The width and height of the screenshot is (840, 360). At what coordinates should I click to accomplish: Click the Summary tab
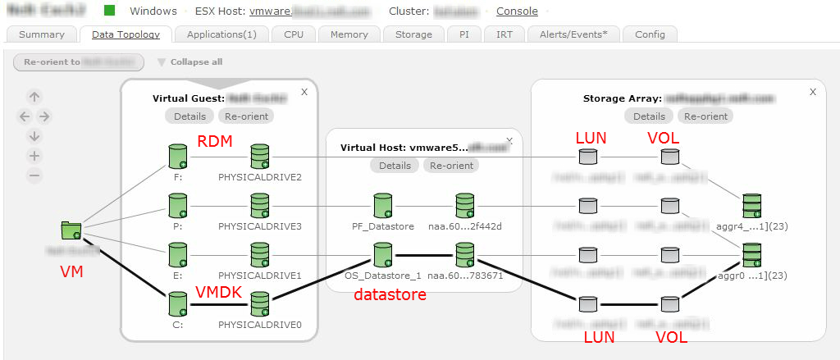[x=42, y=34]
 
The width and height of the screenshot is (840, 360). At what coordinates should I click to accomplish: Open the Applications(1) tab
[x=221, y=34]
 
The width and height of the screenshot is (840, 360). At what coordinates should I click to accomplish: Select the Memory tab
[x=349, y=34]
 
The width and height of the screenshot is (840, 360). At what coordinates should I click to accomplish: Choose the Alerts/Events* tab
[x=573, y=34]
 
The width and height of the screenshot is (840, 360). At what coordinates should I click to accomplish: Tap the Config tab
[x=650, y=34]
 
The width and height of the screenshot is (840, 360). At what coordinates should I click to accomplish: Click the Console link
[x=517, y=11]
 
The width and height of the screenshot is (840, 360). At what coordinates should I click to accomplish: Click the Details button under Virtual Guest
[x=189, y=116]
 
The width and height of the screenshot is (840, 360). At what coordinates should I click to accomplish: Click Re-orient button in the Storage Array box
[x=705, y=116]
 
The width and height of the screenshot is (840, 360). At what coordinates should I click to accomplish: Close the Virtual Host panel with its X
[x=510, y=140]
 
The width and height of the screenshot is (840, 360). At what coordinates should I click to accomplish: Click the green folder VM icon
[x=71, y=231]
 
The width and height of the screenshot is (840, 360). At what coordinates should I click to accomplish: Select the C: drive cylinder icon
[x=177, y=303]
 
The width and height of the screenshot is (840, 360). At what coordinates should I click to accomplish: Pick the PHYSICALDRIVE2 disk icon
[x=260, y=155]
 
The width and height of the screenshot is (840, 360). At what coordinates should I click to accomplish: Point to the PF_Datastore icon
[x=381, y=205]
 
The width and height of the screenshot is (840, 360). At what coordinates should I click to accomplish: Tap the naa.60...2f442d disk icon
[x=465, y=205]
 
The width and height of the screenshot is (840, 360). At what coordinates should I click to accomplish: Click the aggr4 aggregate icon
[x=751, y=205]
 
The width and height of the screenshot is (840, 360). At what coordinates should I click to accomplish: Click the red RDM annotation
[x=215, y=141]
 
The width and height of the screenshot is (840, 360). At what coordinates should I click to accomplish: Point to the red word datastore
[x=390, y=294]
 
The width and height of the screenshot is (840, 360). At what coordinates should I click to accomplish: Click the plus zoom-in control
[x=34, y=156]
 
